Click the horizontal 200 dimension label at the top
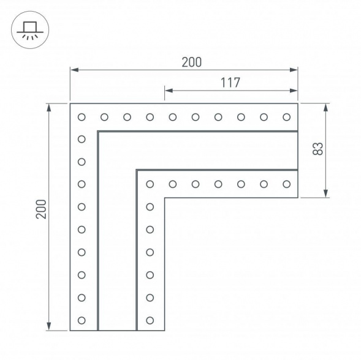pyautogui.click(x=191, y=62)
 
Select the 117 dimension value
pyautogui.click(x=230, y=83)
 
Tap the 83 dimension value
pyautogui.click(x=317, y=149)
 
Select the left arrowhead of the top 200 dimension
pyautogui.click(x=74, y=70)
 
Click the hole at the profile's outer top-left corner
pyautogui.click(x=82, y=116)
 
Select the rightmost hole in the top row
pyautogui.click(x=286, y=116)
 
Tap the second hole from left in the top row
pyautogui.click(x=104, y=116)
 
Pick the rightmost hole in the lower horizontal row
pyautogui.click(x=286, y=183)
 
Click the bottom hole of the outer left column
pyautogui.click(x=82, y=320)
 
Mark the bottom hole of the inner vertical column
pyautogui.click(x=150, y=320)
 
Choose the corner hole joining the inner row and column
pyautogui.click(x=150, y=183)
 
